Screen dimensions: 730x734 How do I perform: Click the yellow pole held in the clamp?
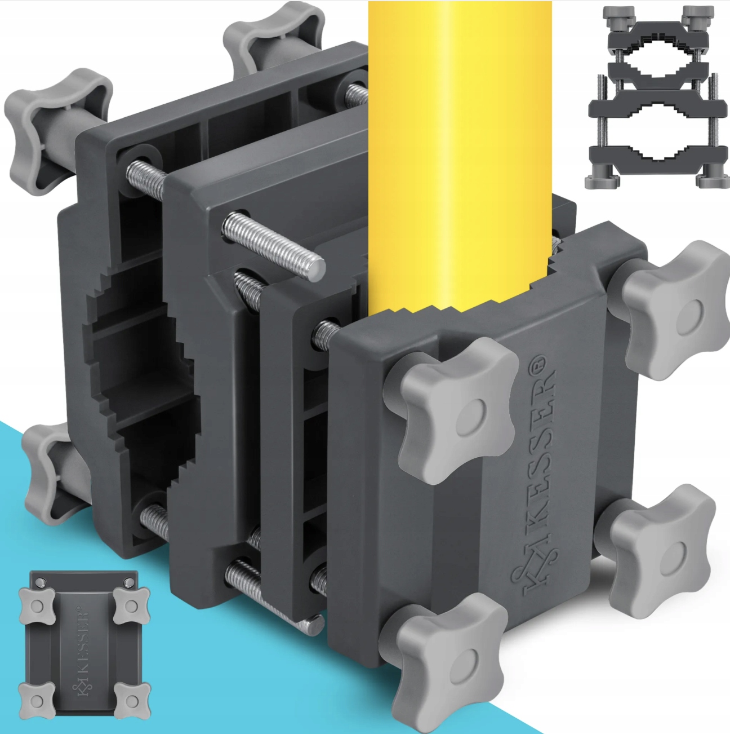460,152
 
